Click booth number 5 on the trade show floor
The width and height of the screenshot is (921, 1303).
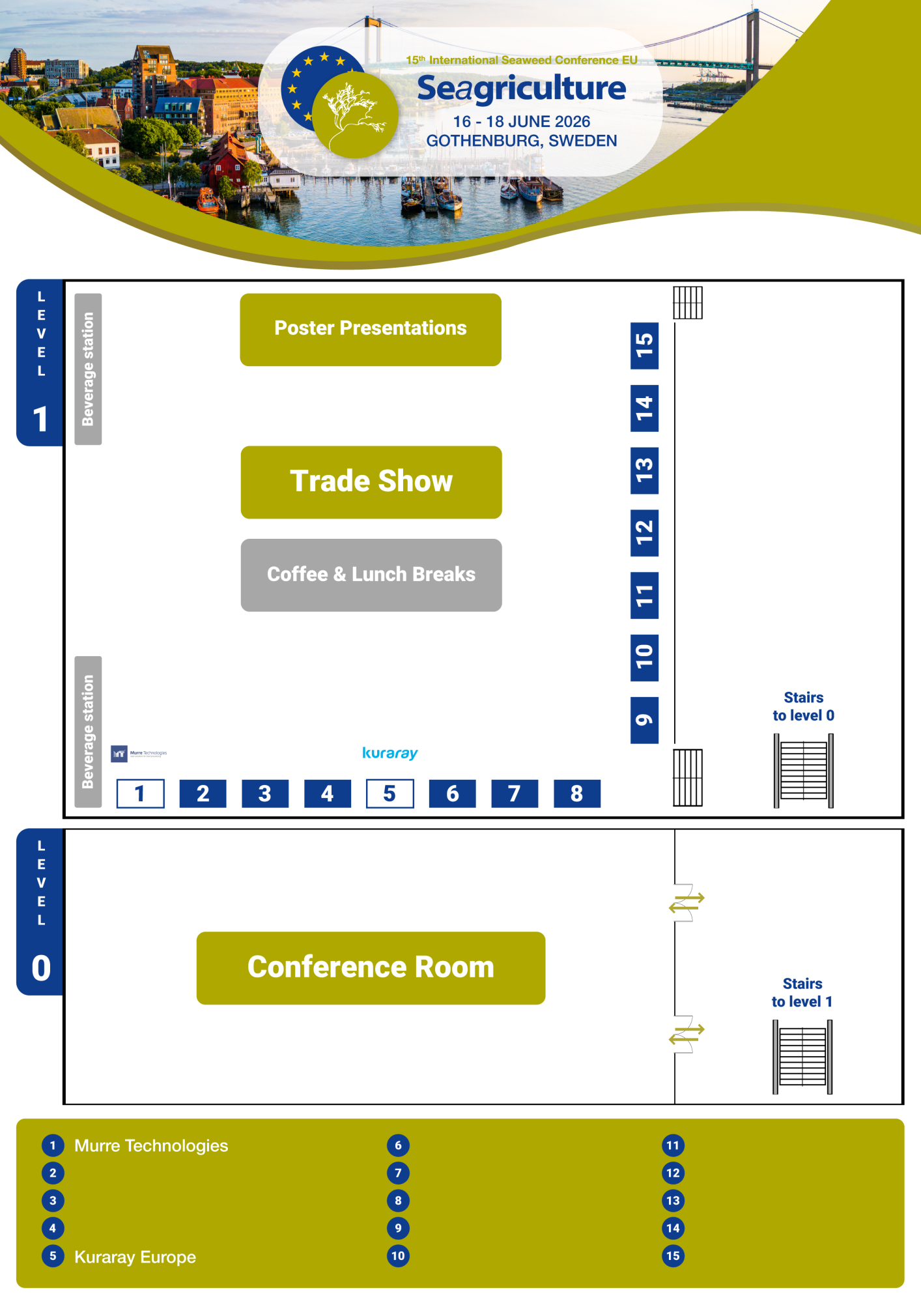coord(390,794)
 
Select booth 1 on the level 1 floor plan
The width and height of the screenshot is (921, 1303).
coord(140,794)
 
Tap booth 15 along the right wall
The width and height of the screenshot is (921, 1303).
coord(644,345)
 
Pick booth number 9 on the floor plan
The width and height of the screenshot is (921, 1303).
coord(644,720)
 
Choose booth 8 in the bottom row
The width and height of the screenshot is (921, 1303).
coord(576,794)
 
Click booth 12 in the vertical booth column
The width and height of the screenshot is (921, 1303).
coord(644,533)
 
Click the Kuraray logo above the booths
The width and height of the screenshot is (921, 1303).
coord(390,753)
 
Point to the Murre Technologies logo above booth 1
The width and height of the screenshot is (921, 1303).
coord(139,754)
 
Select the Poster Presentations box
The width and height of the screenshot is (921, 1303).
coord(371,329)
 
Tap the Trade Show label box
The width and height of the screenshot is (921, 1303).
coord(371,482)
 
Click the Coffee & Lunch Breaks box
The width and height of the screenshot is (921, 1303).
coord(371,575)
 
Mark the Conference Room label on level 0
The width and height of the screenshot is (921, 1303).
coord(371,967)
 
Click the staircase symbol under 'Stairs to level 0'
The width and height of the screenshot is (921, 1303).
coord(803,770)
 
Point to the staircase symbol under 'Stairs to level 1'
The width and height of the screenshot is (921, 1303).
coord(802,1056)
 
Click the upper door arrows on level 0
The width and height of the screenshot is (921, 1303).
coord(687,902)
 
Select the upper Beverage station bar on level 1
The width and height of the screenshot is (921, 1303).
coord(88,369)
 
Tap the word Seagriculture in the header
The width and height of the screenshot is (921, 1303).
coord(521,89)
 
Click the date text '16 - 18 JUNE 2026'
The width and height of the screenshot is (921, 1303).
coord(521,122)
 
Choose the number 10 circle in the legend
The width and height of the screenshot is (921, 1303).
coord(398,1255)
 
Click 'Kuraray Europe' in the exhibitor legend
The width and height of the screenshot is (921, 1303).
coord(135,1257)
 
